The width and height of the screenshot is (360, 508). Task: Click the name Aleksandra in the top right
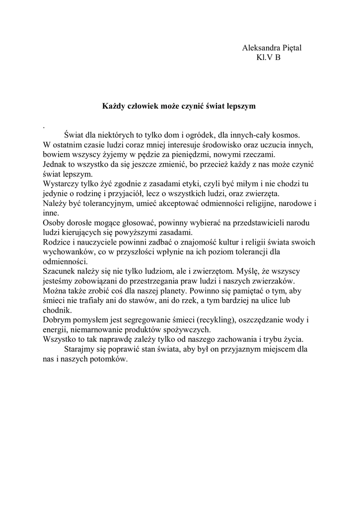[260, 48]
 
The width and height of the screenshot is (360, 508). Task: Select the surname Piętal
[291, 48]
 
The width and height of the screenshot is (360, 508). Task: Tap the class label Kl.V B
[268, 58]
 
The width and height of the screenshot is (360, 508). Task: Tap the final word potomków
[109, 359]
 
